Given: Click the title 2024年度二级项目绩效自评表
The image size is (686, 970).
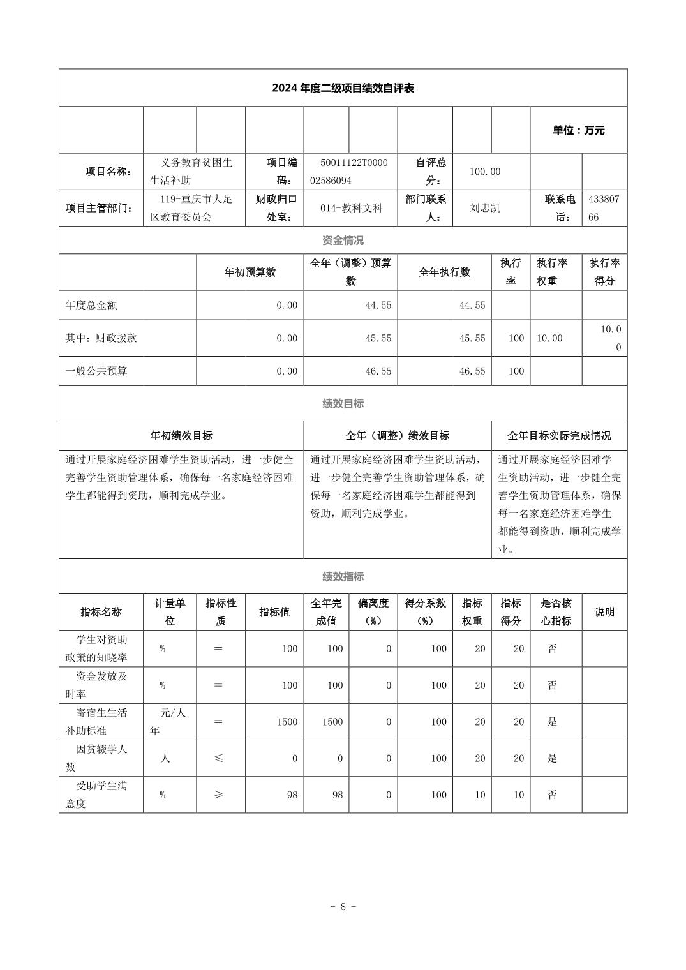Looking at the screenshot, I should pos(343,88).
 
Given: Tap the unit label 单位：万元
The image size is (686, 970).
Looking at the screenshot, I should pos(578,130).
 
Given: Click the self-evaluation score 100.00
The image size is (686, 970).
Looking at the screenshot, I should pos(485,172).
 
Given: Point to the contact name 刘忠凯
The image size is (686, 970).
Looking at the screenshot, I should pos(485,208).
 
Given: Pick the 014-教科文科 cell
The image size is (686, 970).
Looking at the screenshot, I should pos(350,208).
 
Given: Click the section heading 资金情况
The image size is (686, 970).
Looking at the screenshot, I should pos(343,241).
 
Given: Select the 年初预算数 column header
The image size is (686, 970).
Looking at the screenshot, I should pos(250,272).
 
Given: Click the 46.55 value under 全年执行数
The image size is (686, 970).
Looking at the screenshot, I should pos(472,371).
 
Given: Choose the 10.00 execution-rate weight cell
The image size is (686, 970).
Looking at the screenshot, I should pos(549,338).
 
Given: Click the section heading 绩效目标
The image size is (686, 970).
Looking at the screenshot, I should pos(343,403).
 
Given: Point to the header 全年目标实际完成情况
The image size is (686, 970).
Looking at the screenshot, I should pos(559,436).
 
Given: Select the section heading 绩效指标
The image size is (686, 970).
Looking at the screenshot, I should pos(343,577).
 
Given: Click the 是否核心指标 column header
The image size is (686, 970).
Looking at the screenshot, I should pos(556,612).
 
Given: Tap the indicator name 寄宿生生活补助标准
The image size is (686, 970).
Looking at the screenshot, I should pos(101,722).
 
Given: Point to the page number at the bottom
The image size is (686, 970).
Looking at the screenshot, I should pos(343,907).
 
